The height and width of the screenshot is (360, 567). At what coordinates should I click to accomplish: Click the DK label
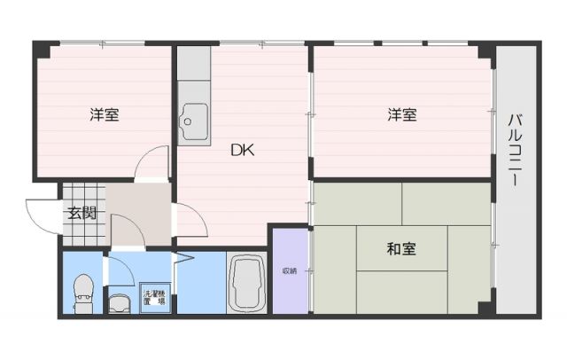tap(243, 150)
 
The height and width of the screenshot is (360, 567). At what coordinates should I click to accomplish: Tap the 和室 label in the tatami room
tap(401, 250)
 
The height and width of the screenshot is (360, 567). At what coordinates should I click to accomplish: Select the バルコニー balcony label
tap(514, 148)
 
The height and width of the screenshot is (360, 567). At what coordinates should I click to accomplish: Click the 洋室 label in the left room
tap(104, 114)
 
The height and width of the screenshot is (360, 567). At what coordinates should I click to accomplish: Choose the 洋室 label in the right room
tap(401, 114)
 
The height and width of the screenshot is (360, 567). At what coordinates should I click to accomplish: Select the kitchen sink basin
tap(193, 117)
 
